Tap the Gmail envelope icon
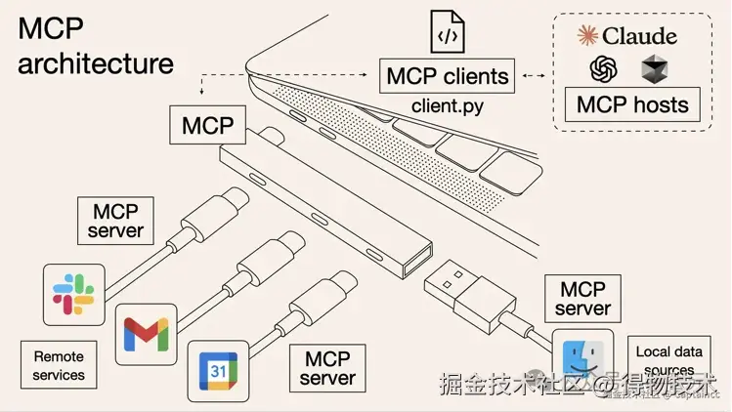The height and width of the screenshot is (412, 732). point(147,334)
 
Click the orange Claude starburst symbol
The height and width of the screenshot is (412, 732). point(587,35)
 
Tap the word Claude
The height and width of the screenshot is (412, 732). point(640,36)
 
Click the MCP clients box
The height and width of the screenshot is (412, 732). point(449,75)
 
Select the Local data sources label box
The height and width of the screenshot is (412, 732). point(668,360)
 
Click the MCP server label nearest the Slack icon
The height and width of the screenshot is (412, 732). point(115,222)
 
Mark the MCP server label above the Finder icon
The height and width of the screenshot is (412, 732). point(581,299)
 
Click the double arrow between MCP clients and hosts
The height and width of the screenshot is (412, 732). point(533,75)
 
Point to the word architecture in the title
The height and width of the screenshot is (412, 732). point(96,64)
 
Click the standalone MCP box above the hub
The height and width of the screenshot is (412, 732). point(207,126)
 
